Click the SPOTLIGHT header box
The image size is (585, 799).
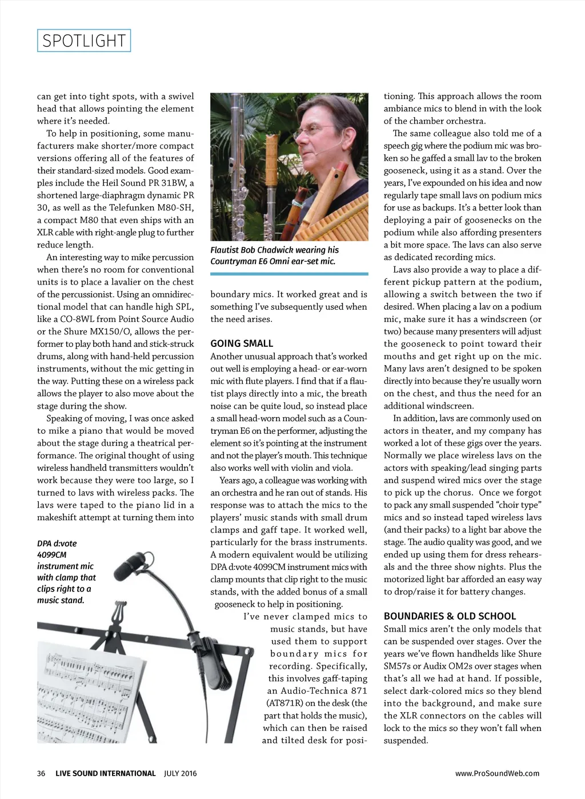tap(84, 41)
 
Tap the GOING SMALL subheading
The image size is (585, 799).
tap(242, 343)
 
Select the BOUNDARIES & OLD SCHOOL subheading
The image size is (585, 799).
tap(450, 616)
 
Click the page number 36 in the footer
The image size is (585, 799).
tap(41, 773)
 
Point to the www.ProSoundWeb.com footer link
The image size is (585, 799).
tap(497, 773)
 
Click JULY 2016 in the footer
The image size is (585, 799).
tap(180, 773)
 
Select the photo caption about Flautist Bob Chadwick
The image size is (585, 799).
tap(274, 255)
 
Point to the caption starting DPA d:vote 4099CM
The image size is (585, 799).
tap(66, 572)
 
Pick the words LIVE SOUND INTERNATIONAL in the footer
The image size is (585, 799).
tap(105, 773)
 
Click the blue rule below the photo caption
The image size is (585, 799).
tap(289, 274)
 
